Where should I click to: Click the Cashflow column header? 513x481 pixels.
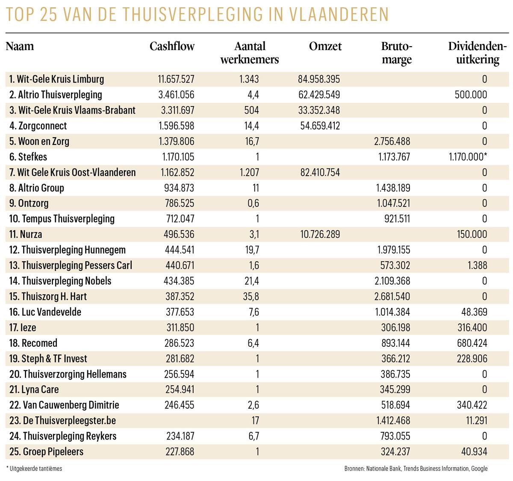click(x=172, y=47)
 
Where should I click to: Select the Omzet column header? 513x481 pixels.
click(x=325, y=47)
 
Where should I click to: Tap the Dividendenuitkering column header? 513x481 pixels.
click(x=477, y=53)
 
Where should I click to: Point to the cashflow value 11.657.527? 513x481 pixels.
click(x=176, y=79)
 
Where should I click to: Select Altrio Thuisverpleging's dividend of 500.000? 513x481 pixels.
click(x=471, y=94)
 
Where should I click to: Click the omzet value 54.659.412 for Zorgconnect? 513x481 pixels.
click(x=319, y=126)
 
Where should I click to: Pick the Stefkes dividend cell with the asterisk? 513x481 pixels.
click(x=468, y=157)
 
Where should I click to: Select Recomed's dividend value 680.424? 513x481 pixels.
click(x=472, y=343)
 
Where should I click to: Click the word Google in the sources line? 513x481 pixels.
click(x=479, y=469)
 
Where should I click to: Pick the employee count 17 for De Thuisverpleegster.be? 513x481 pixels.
click(x=255, y=421)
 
